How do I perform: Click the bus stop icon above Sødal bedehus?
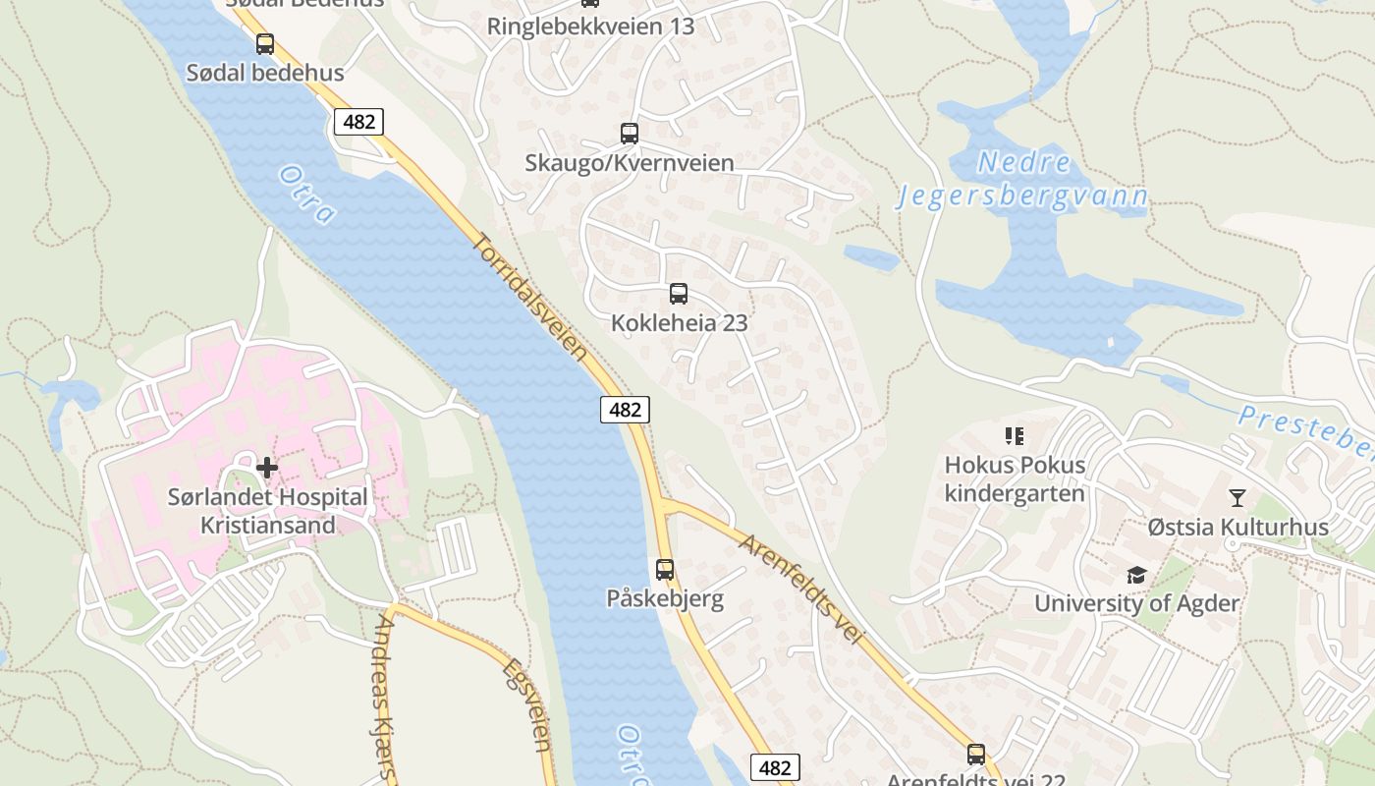(x=264, y=44)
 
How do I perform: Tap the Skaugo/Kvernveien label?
(x=629, y=162)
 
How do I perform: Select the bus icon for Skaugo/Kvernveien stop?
(x=629, y=134)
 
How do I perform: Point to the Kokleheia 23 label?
(x=679, y=322)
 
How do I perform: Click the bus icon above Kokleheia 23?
(x=678, y=293)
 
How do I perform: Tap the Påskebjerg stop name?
(x=664, y=598)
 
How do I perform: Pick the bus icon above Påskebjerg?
(x=665, y=569)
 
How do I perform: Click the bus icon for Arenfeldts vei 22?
(x=975, y=755)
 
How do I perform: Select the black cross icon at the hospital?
(x=266, y=467)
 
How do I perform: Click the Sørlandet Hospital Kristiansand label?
(x=267, y=511)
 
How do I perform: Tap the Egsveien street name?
(x=527, y=704)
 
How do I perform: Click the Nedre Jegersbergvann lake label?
(x=1021, y=180)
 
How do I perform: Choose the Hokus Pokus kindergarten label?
(x=1015, y=478)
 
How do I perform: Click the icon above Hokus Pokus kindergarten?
(x=1015, y=435)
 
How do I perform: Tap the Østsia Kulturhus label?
(x=1237, y=527)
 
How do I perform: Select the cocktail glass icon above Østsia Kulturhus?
(x=1237, y=498)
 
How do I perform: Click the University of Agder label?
(x=1136, y=602)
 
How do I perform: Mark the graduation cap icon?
(x=1136, y=575)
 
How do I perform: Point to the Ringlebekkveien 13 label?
(x=590, y=27)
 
